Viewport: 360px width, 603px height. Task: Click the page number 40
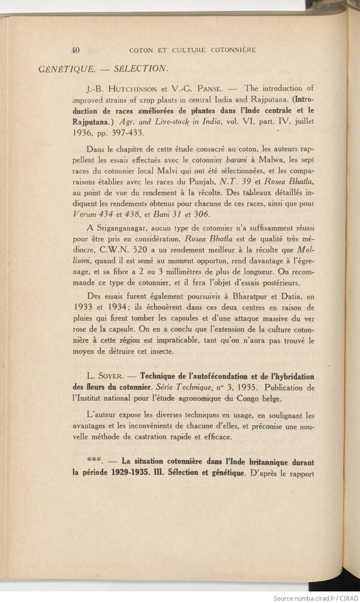tap(75, 50)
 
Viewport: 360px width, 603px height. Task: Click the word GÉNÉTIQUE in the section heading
tap(66, 69)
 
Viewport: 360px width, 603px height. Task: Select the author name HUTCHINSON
tap(132, 89)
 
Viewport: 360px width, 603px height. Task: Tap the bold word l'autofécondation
tap(216, 376)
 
